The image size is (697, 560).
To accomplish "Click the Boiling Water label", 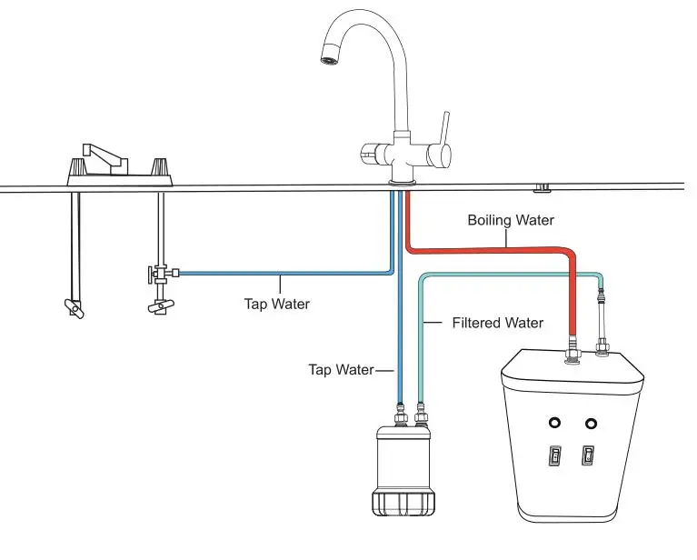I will coord(510,220).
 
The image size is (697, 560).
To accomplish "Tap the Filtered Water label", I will coord(497,323).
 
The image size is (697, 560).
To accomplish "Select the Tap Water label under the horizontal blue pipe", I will coord(276,304).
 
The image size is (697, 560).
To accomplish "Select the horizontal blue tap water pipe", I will coord(282,272).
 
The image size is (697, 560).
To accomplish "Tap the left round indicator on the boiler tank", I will coord(553,423).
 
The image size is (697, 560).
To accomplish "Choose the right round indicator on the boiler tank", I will coord(592,423).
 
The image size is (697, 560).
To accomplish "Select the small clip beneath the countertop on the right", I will coord(542,188).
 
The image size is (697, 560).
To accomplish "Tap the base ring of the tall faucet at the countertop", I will coord(401,182).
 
